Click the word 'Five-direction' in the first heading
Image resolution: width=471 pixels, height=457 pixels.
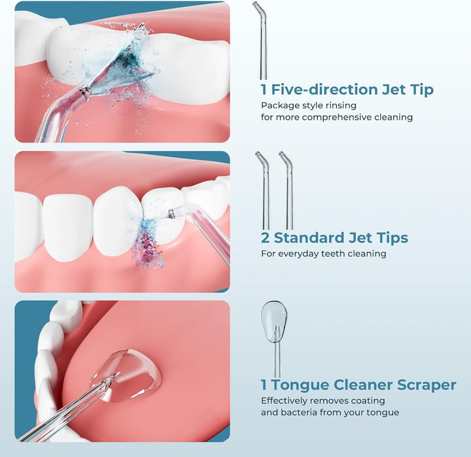coord(324,90)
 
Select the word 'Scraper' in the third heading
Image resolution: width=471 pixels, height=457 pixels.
coord(427,386)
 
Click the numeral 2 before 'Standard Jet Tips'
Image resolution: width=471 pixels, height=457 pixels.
coord(265,238)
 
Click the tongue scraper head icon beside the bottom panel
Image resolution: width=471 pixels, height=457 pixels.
coord(273,321)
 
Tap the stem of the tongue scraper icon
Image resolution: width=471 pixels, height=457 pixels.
coord(277,360)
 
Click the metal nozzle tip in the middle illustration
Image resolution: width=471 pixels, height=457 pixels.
coord(172,214)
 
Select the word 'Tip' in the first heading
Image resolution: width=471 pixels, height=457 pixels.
coord(423,90)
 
